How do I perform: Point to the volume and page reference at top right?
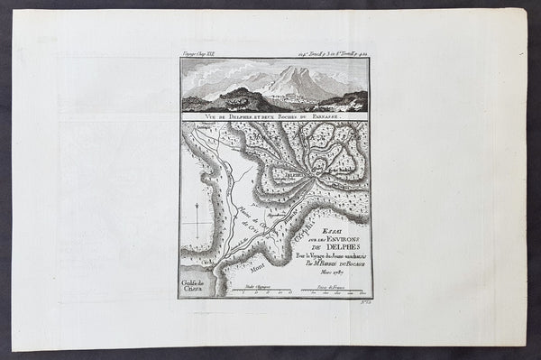330,56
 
